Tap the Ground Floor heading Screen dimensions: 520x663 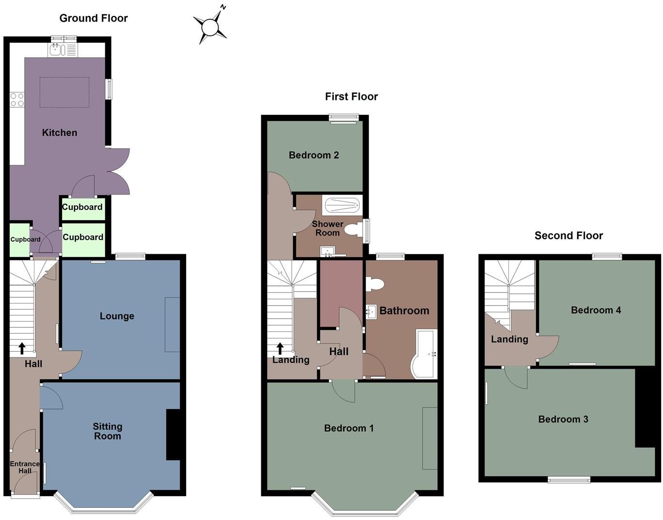coord(94,18)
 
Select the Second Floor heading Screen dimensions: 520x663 coord(568,236)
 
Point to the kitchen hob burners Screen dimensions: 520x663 coord(17,100)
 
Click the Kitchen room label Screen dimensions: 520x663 coord(60,132)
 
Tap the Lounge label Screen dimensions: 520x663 coord(117,316)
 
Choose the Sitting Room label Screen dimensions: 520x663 coord(108,431)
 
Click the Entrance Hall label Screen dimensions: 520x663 coord(25,467)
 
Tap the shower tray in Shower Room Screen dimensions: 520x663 coord(342,206)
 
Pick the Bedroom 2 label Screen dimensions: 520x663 coord(314,155)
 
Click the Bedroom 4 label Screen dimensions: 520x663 coord(596,310)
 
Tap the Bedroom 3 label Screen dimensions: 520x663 coord(563,419)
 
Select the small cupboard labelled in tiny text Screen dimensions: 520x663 coord(19,240)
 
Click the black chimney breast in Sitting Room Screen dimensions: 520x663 coord(173,435)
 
